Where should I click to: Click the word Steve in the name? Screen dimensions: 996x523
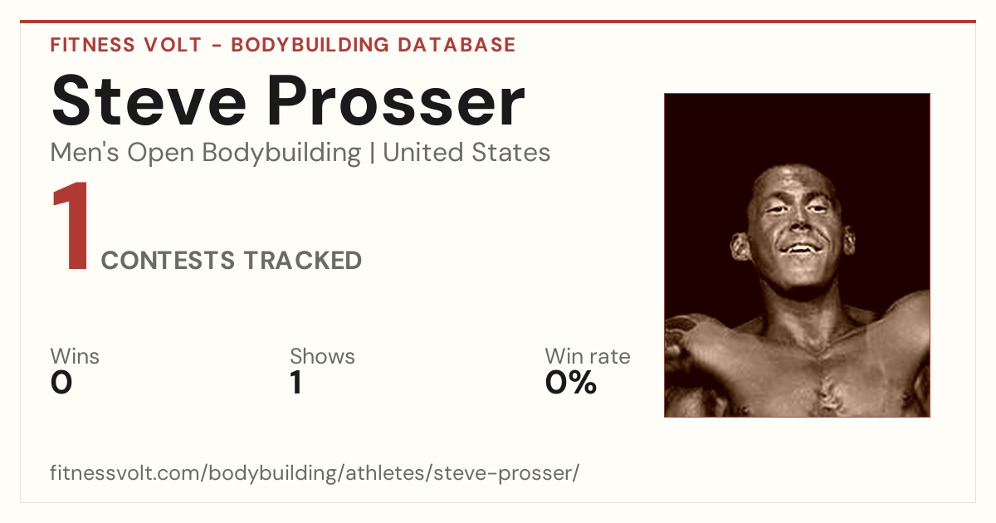point(149,100)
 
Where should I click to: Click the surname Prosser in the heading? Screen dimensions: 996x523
point(396,100)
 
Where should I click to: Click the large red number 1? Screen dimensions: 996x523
point(71,225)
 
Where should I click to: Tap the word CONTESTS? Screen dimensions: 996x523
point(168,261)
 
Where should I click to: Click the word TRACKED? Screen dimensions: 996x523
point(303,261)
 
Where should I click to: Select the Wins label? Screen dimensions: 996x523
point(75,356)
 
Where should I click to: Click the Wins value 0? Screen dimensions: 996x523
point(61,383)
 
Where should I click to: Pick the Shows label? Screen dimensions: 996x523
point(322,356)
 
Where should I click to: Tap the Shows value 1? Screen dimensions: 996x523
point(296,383)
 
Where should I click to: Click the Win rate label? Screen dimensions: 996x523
point(588,356)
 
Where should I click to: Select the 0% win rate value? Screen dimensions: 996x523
point(571,383)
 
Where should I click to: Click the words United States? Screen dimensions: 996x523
point(466,153)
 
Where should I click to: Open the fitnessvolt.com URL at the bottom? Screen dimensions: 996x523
point(315,472)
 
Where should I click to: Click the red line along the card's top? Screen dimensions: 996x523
point(498,22)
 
